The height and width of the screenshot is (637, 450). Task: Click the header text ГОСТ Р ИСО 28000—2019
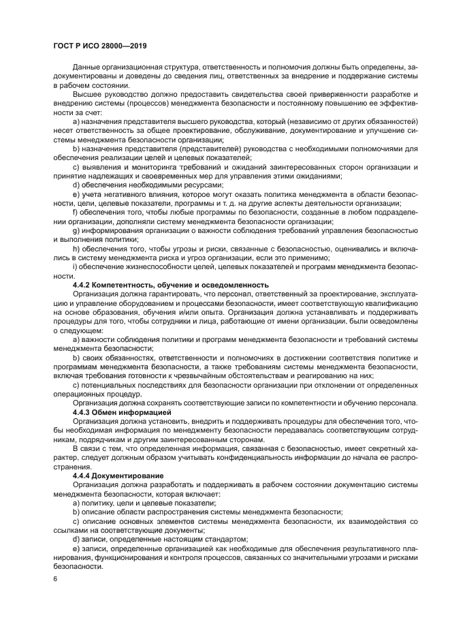tap(100, 46)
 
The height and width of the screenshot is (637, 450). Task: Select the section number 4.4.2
tap(84, 284)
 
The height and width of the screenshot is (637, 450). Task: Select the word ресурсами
tap(202, 184)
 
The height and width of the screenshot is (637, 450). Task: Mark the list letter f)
tap(76, 213)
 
